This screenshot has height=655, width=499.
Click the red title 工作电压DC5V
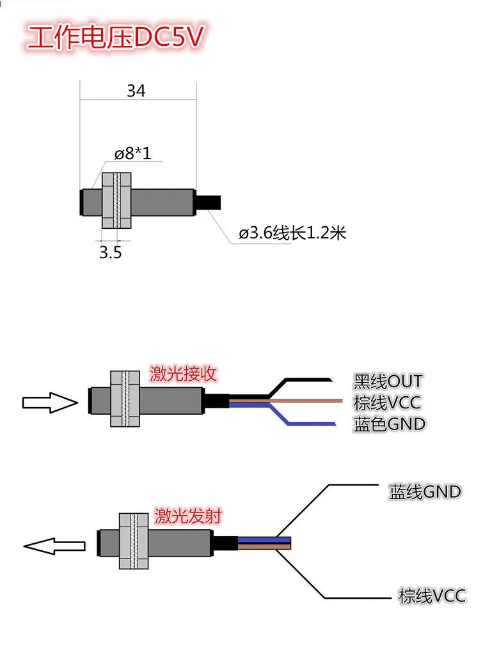(x=115, y=38)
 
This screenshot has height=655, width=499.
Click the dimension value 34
(x=136, y=91)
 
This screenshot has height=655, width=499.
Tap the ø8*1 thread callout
(x=132, y=153)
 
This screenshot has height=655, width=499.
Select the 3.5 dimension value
(x=111, y=252)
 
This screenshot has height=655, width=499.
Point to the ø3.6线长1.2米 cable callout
(x=292, y=233)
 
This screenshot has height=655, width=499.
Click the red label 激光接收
(x=183, y=373)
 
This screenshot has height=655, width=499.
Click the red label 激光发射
(x=188, y=516)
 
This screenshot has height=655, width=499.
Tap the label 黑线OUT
(x=388, y=381)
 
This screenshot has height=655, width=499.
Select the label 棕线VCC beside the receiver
(x=387, y=403)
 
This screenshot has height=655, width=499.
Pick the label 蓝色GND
(x=390, y=424)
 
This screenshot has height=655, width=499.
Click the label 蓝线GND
(x=425, y=491)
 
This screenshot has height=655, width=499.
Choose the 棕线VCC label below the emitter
(x=432, y=596)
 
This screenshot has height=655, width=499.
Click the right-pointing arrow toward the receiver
(x=50, y=403)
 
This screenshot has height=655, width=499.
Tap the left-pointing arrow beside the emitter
(x=54, y=546)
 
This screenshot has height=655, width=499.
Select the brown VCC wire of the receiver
(x=286, y=401)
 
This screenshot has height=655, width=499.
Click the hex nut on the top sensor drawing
(x=116, y=201)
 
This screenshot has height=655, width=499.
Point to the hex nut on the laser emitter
(x=134, y=541)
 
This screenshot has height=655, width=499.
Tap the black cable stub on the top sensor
(x=209, y=202)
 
